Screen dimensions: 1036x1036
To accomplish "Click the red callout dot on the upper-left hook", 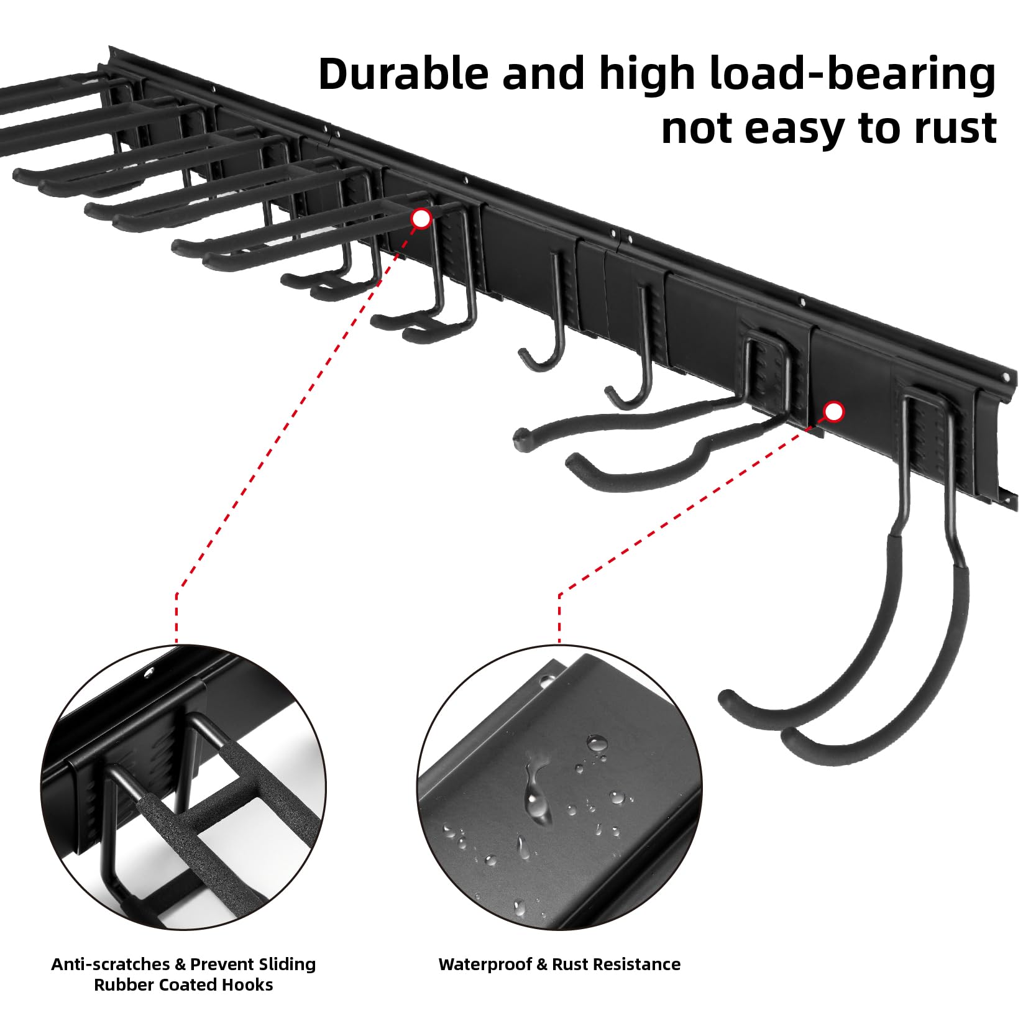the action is click(x=421, y=218).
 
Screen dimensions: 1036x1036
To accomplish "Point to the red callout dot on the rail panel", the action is click(x=833, y=411).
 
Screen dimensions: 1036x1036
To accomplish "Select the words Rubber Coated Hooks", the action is click(x=183, y=985).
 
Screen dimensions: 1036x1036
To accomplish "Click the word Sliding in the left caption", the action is click(x=287, y=965).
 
